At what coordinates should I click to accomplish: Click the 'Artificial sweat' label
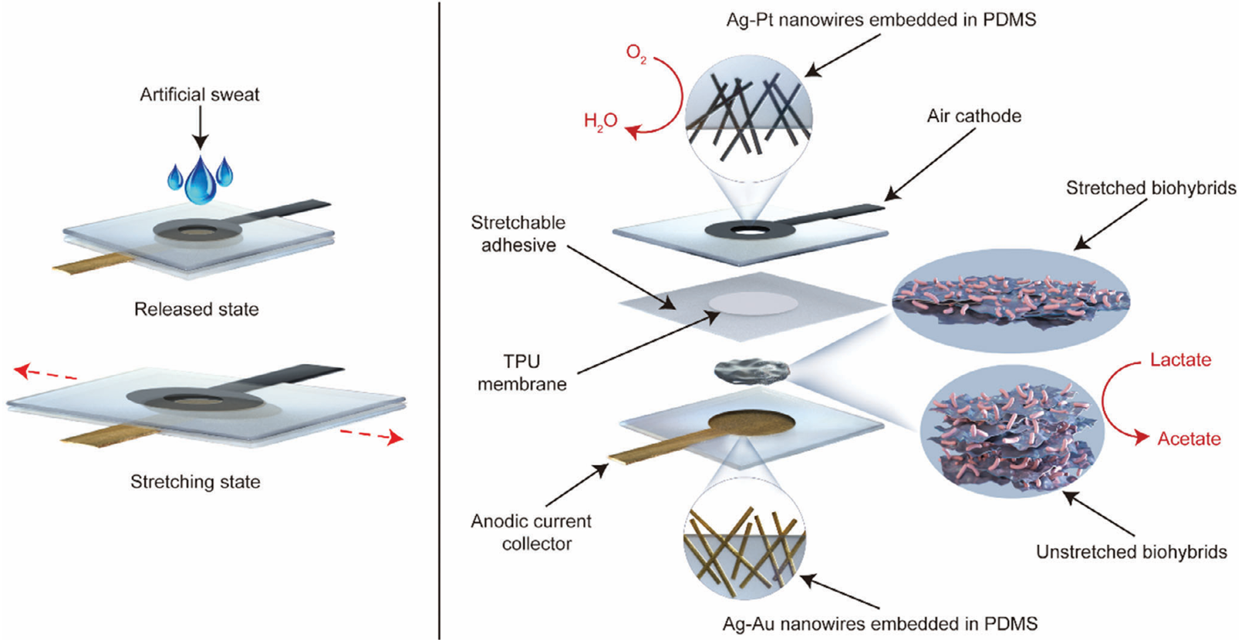tap(199, 95)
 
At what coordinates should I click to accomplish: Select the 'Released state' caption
tap(196, 309)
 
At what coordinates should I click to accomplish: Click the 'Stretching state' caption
tap(195, 482)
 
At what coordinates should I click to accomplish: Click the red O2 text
tap(636, 54)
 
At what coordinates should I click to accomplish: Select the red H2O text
tap(600, 120)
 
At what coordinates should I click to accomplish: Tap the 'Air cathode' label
tap(973, 116)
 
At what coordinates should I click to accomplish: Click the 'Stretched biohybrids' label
tap(1150, 188)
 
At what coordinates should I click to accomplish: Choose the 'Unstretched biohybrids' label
tap(1131, 552)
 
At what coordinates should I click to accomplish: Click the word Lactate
tap(1180, 360)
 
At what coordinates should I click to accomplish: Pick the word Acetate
tap(1189, 439)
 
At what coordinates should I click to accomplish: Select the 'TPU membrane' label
tap(521, 372)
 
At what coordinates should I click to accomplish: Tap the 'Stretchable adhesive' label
tap(518, 234)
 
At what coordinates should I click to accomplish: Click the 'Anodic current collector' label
tap(531, 532)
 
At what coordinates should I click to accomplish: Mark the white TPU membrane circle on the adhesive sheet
tap(753, 303)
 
